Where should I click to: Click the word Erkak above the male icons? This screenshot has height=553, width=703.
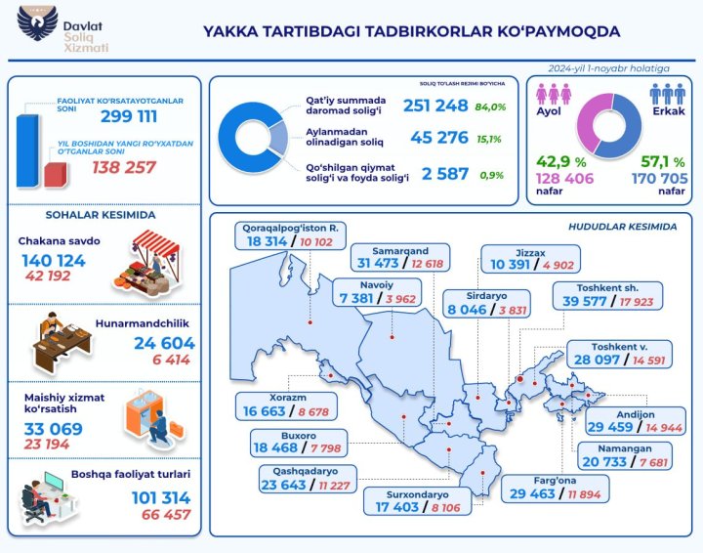pyautogui.click(x=668, y=111)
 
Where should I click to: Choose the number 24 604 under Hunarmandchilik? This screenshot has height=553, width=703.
pyautogui.click(x=164, y=343)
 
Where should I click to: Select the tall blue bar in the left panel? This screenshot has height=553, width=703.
pyautogui.click(x=26, y=148)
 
